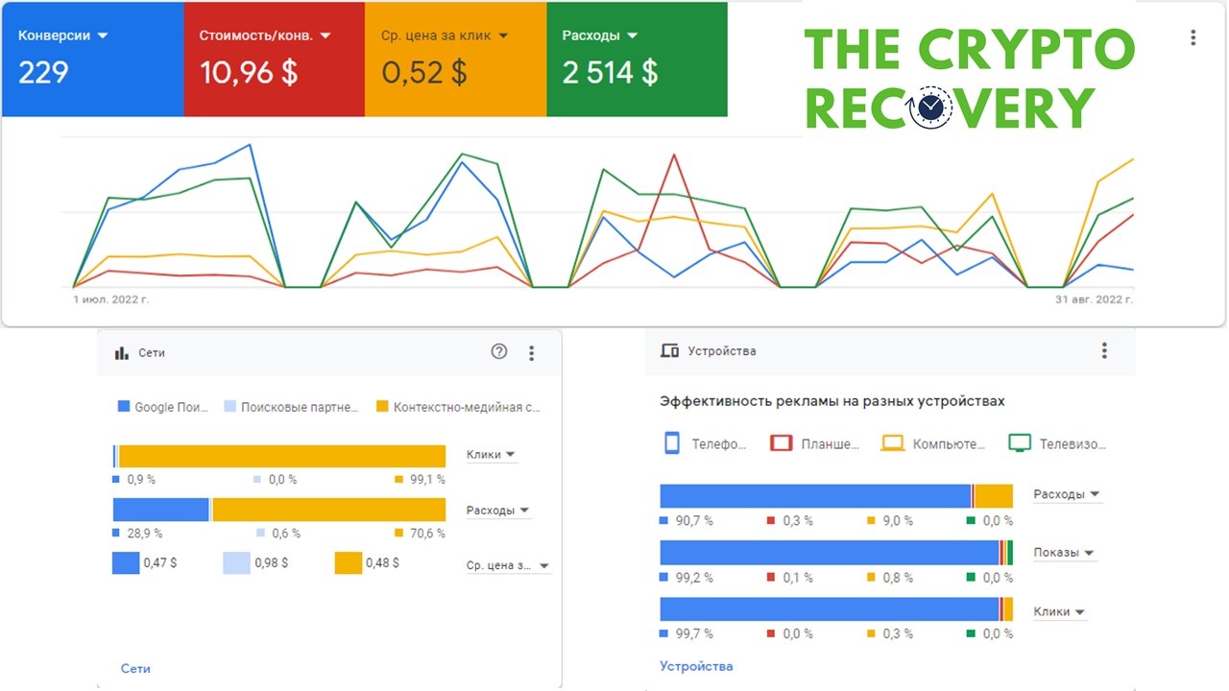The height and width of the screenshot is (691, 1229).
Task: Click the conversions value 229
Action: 43,72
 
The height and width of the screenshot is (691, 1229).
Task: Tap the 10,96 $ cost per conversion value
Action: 249,72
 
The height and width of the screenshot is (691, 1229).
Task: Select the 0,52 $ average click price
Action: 424,72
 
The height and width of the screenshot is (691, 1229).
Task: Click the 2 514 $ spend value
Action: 610,72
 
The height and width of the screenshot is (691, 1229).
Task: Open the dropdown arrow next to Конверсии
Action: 103,36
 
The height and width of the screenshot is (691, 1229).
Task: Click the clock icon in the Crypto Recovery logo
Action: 930,108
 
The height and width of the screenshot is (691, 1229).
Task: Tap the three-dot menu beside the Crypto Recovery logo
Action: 1193,37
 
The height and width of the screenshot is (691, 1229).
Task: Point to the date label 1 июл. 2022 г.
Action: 110,299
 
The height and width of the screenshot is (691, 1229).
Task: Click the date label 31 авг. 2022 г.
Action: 1094,299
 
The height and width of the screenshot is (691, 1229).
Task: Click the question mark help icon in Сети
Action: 498,351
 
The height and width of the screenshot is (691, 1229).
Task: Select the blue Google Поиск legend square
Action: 124,406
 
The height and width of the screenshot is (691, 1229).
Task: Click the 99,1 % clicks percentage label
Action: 427,480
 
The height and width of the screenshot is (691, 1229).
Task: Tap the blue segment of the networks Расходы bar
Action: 160,510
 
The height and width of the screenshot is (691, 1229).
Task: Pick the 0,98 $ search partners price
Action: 271,563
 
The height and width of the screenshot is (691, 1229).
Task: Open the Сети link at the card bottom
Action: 135,669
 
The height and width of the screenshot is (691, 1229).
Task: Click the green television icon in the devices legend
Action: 1020,443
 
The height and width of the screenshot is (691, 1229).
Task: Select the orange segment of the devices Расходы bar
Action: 994,496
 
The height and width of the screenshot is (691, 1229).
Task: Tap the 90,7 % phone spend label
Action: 694,520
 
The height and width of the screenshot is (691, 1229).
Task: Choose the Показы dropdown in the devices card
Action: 1063,553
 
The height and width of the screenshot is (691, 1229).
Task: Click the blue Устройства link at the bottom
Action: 696,666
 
